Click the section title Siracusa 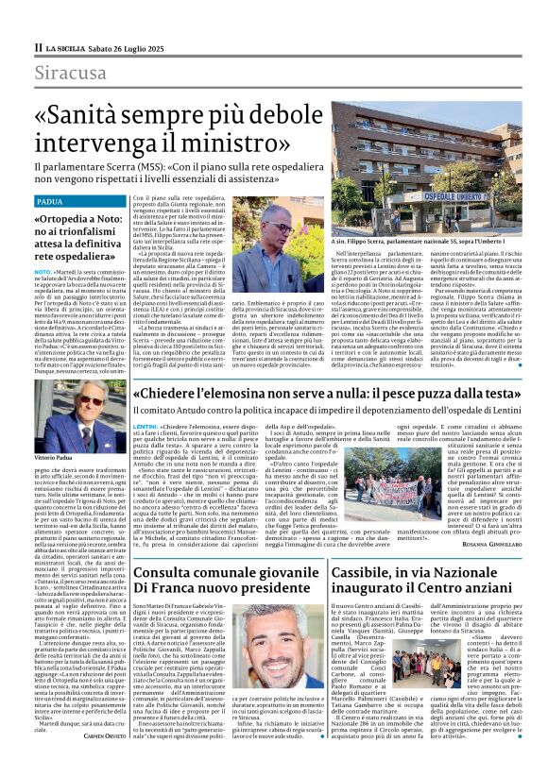click(x=72, y=74)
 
